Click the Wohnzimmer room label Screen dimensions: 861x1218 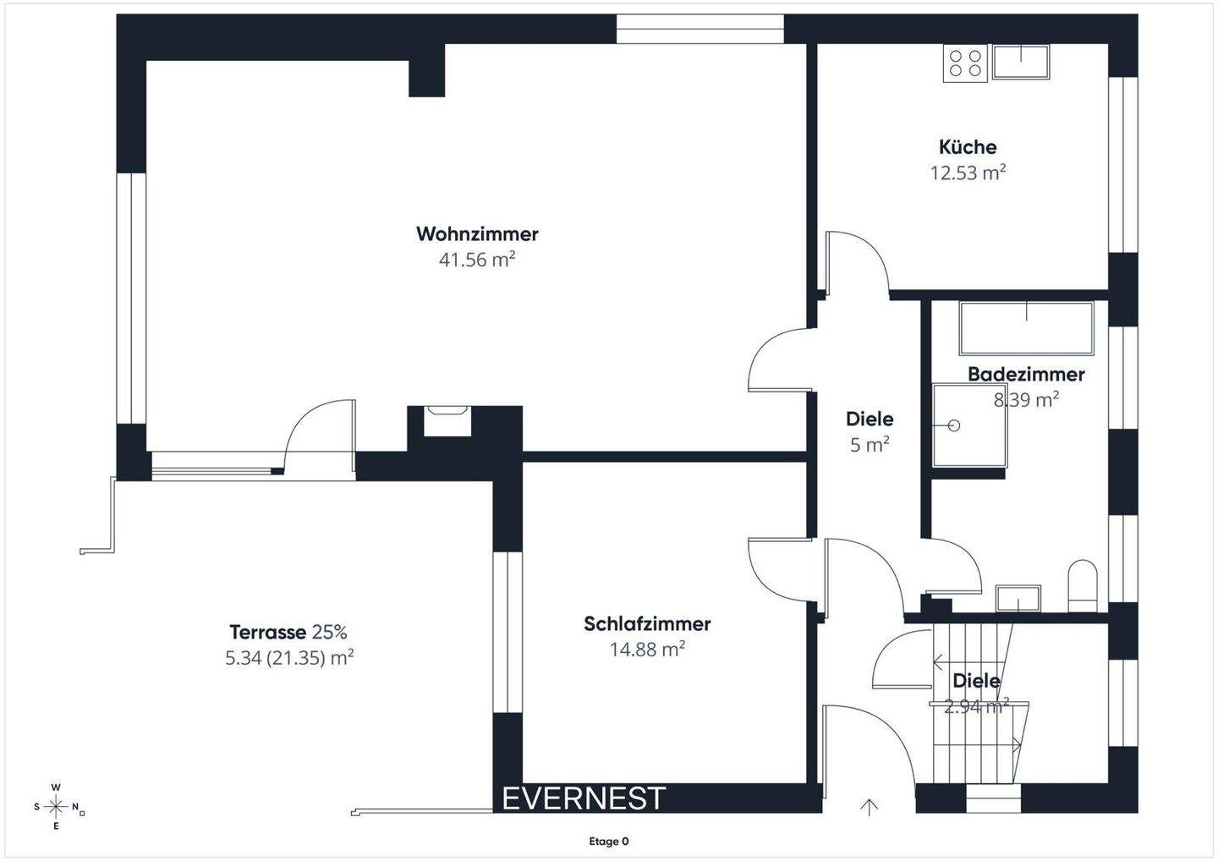(x=477, y=233)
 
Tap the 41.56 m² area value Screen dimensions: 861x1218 (x=477, y=260)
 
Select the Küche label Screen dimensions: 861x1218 (x=968, y=147)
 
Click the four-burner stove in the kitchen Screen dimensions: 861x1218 (x=965, y=63)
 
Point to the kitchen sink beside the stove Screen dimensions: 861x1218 (x=1021, y=62)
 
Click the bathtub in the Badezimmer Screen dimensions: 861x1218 (x=1026, y=328)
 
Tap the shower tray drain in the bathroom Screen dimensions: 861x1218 (x=955, y=425)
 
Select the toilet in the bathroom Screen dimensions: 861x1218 (x=1083, y=584)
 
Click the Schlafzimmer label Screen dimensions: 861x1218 (x=647, y=624)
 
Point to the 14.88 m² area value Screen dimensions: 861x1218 (x=647, y=650)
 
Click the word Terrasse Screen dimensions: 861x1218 (x=267, y=632)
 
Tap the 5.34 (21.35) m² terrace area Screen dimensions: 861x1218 (x=289, y=658)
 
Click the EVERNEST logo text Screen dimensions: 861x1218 (x=584, y=798)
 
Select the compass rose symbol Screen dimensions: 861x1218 (x=57, y=806)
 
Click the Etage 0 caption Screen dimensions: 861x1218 (x=609, y=842)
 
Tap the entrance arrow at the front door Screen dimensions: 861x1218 (x=869, y=807)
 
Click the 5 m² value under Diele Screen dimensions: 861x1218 (x=870, y=445)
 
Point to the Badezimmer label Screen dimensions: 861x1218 (x=1026, y=374)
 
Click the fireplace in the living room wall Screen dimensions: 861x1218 (x=447, y=420)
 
